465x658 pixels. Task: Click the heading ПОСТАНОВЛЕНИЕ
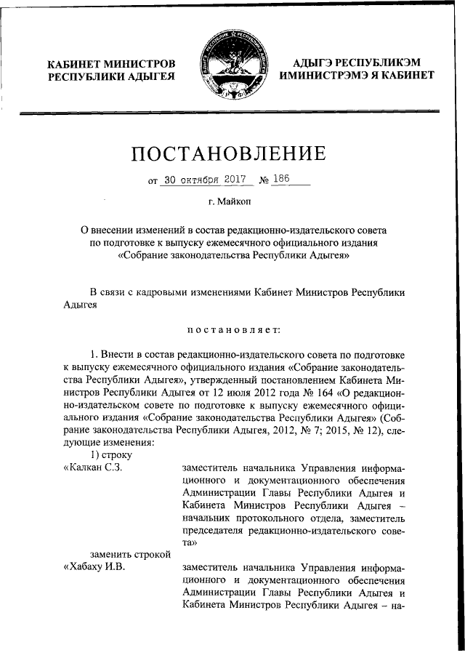tap(228, 153)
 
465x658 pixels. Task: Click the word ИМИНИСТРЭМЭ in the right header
tap(327, 76)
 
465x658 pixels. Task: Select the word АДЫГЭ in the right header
tap(316, 63)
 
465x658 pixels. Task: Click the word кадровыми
tap(155, 292)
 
